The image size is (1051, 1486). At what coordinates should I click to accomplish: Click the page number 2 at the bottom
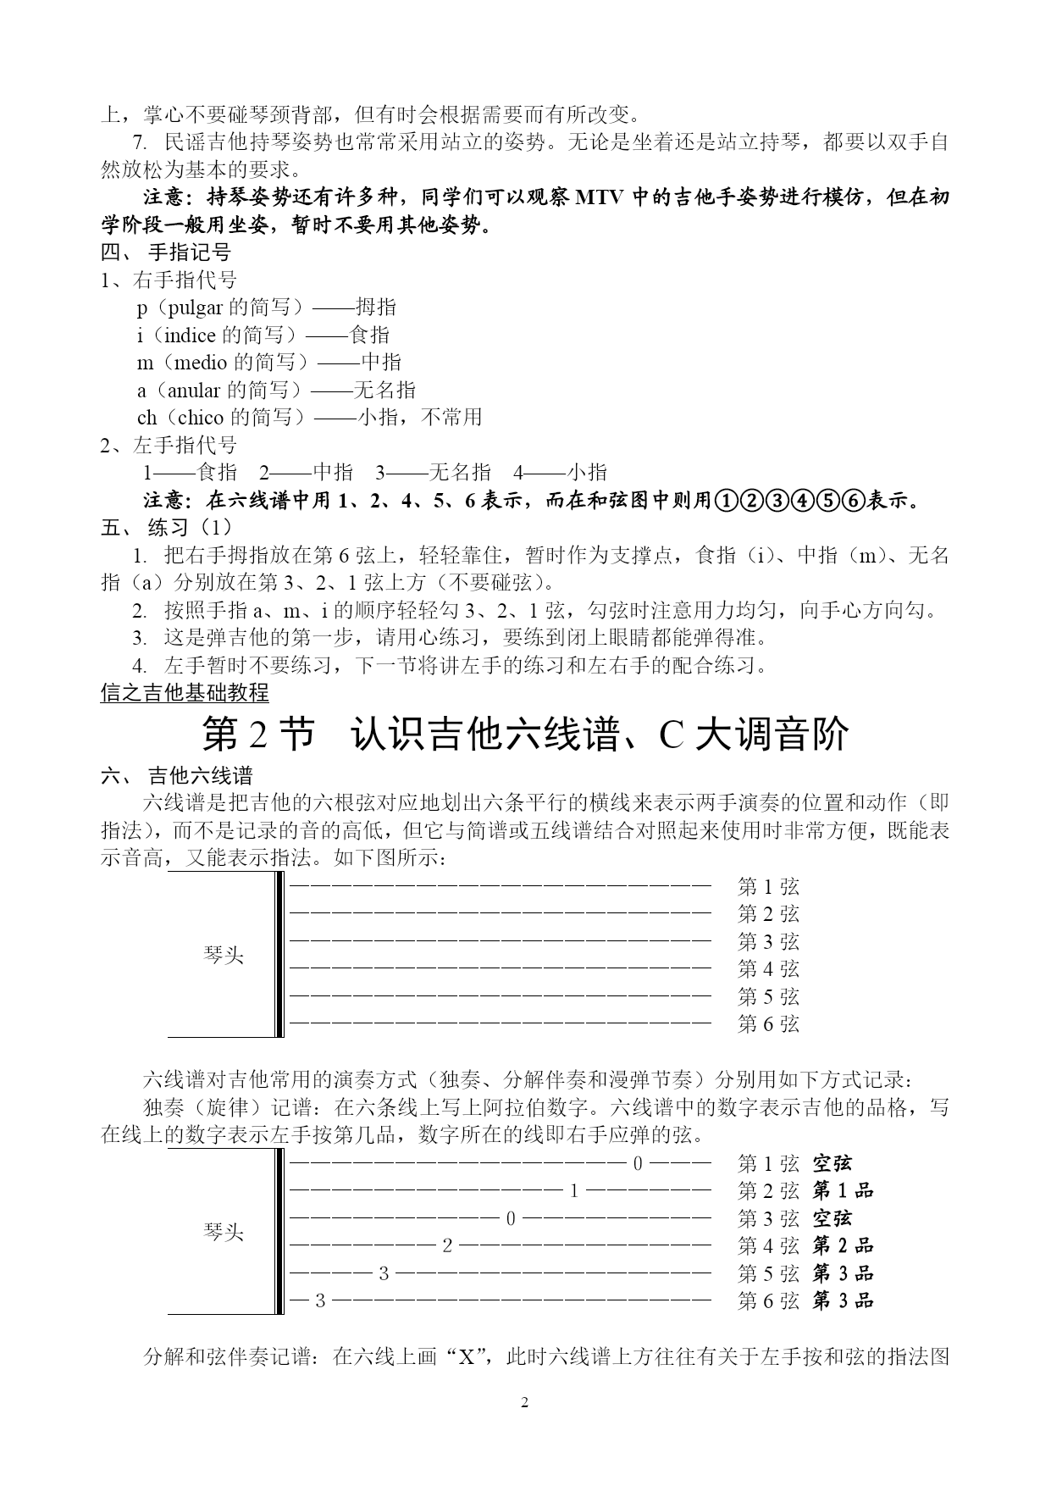[x=524, y=1403]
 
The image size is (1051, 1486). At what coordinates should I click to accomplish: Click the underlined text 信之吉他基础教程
[x=185, y=692]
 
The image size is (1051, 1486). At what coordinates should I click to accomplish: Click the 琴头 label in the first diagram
[x=224, y=956]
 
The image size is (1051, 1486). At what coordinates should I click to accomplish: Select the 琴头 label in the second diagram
[x=224, y=1233]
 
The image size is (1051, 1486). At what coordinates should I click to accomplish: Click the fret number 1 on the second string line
[x=573, y=1191]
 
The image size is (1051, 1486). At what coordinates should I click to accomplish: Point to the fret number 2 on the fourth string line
[x=447, y=1245]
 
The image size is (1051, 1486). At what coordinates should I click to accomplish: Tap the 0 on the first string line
[x=639, y=1164]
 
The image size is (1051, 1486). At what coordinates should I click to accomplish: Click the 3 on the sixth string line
[x=319, y=1300]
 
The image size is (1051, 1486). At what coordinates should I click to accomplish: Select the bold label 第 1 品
[x=843, y=1191]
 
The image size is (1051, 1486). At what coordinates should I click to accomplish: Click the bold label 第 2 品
[x=843, y=1245]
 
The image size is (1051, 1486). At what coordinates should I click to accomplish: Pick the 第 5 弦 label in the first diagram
[x=768, y=996]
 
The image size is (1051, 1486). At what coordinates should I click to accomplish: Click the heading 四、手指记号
[x=166, y=252]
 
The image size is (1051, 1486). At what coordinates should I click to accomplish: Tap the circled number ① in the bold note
[x=727, y=500]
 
